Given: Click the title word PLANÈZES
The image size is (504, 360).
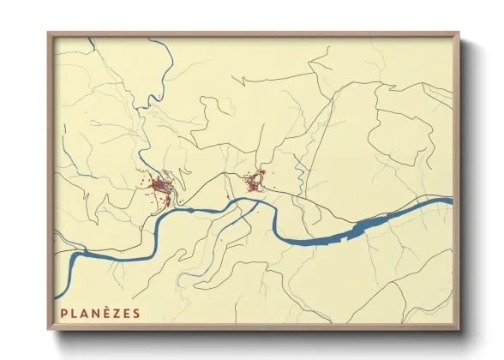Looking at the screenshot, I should [100, 313].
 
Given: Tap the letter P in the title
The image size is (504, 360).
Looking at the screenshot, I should [64, 313].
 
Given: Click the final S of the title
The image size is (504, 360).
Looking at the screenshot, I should [136, 313].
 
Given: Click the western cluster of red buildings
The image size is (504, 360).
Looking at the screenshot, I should [161, 186].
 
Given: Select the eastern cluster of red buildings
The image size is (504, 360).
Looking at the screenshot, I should [254, 183].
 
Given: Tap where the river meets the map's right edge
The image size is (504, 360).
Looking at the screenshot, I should [450, 201].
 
